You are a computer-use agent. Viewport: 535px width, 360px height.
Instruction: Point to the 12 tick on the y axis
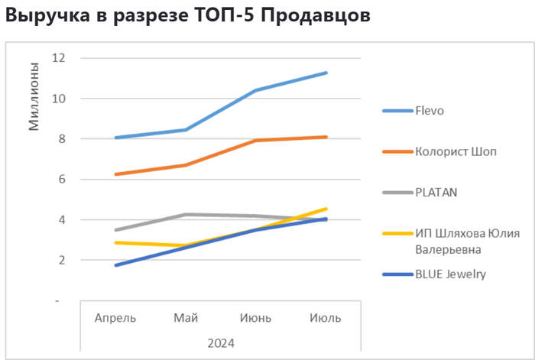coord(57,58)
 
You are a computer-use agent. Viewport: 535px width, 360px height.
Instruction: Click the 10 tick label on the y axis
coord(57,99)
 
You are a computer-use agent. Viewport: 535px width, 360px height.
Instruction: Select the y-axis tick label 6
coord(60,180)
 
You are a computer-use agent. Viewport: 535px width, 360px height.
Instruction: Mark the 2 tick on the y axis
coord(60,261)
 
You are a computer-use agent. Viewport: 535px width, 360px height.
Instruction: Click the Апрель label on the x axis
coord(115,317)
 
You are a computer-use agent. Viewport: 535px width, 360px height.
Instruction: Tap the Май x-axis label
coord(186,317)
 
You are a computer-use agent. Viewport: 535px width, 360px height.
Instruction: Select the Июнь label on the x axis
coord(256,317)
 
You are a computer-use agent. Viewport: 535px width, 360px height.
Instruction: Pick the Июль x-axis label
coord(326,317)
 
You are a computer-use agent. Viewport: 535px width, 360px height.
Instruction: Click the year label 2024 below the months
coord(221,342)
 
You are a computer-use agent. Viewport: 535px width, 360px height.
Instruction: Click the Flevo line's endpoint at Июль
coord(326,73)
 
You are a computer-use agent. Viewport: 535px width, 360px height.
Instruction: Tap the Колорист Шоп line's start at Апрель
coord(115,174)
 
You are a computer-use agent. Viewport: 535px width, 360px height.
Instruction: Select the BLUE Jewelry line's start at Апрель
coord(115,265)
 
